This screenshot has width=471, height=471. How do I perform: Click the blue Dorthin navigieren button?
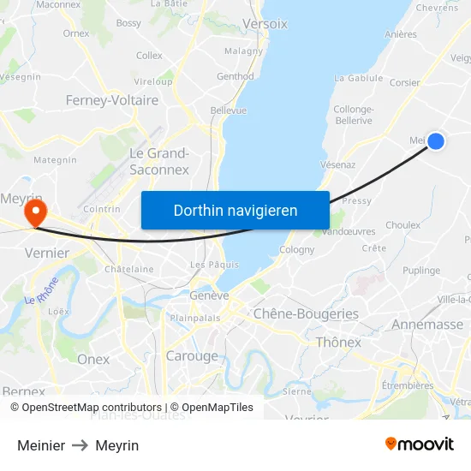(x=235, y=210)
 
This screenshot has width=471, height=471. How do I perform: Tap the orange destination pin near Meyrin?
(x=35, y=212)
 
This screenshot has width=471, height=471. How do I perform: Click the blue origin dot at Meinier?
(x=436, y=141)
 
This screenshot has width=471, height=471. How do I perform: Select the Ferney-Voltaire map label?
(x=112, y=100)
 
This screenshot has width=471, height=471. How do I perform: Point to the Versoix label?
(x=265, y=24)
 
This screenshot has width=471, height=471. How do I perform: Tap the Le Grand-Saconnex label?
(x=158, y=161)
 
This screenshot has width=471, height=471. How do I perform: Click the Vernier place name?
(x=47, y=253)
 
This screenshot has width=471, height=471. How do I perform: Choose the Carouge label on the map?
(x=192, y=355)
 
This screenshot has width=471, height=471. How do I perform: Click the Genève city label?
(x=209, y=295)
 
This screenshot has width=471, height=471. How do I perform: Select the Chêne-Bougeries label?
(x=306, y=314)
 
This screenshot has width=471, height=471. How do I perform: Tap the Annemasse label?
(x=426, y=325)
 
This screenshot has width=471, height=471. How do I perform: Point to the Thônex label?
(x=339, y=342)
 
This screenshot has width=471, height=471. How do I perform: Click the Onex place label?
(x=93, y=359)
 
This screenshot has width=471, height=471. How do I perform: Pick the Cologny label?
(x=297, y=250)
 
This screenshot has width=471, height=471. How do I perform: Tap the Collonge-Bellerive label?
(x=353, y=115)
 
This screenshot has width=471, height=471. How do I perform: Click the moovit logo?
(x=420, y=444)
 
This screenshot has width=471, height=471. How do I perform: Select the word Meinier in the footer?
(x=41, y=445)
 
